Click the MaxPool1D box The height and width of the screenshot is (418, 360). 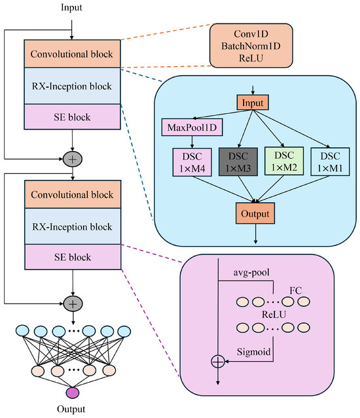tap(192, 127)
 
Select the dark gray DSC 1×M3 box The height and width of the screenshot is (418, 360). tap(238, 162)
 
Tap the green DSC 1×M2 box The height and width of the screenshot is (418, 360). tap(284, 161)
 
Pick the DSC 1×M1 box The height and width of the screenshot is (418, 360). tap(330, 162)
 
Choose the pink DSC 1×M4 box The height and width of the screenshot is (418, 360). tap(192, 162)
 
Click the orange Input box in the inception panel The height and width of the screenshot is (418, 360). tap(253, 102)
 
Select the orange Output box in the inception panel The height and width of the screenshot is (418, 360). tap(255, 213)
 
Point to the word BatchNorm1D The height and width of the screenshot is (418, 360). tap(251, 46)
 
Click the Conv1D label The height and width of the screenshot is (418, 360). tap(251, 34)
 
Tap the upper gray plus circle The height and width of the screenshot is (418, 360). tap(73, 159)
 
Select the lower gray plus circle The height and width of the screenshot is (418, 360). tap(73, 304)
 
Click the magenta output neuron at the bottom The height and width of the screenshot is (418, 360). tap(73, 393)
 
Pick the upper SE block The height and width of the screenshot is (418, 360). tap(72, 116)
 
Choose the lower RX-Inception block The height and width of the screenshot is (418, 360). tap(73, 226)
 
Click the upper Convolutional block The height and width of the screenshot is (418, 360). tap(72, 54)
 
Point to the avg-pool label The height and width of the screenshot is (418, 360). tap(251, 272)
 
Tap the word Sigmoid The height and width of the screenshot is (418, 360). tap(253, 352)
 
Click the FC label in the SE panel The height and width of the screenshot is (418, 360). tap(295, 290)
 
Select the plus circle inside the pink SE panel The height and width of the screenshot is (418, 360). tap(218, 362)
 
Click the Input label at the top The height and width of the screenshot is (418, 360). tap(71, 7)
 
